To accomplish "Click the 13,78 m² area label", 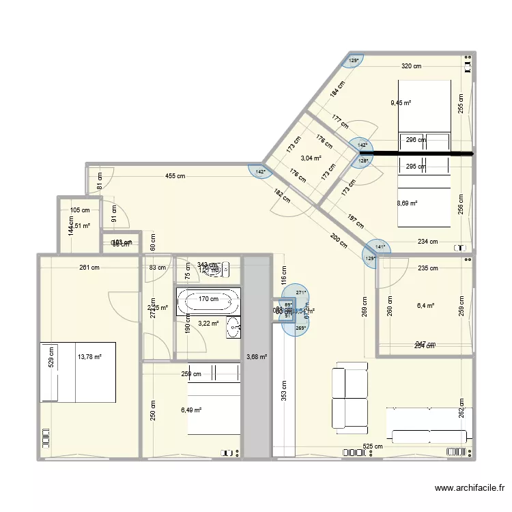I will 89,356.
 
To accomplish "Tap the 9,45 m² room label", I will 401,103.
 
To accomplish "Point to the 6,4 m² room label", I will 426,307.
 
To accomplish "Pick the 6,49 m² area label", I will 191,410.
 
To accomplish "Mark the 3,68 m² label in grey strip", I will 256,356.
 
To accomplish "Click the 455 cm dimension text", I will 175,176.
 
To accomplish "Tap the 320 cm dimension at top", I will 411,66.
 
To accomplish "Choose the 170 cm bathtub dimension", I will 208,298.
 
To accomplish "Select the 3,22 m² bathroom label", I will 208,324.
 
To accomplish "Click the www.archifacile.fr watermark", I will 470,488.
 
